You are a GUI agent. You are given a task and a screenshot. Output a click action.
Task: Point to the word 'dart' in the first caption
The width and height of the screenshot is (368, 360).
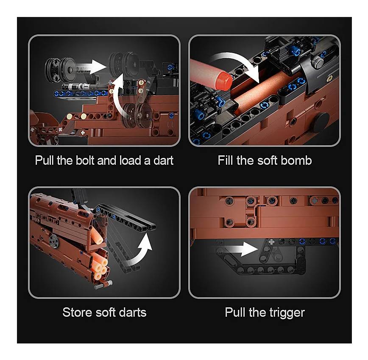(163, 160)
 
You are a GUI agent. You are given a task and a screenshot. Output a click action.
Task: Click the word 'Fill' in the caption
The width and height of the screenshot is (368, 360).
(225, 160)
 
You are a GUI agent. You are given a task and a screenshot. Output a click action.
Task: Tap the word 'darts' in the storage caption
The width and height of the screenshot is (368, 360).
(133, 312)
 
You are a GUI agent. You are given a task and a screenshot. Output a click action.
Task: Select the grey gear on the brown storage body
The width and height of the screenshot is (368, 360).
(54, 241)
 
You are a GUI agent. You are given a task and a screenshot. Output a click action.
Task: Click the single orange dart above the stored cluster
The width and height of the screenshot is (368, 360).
(97, 236)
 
